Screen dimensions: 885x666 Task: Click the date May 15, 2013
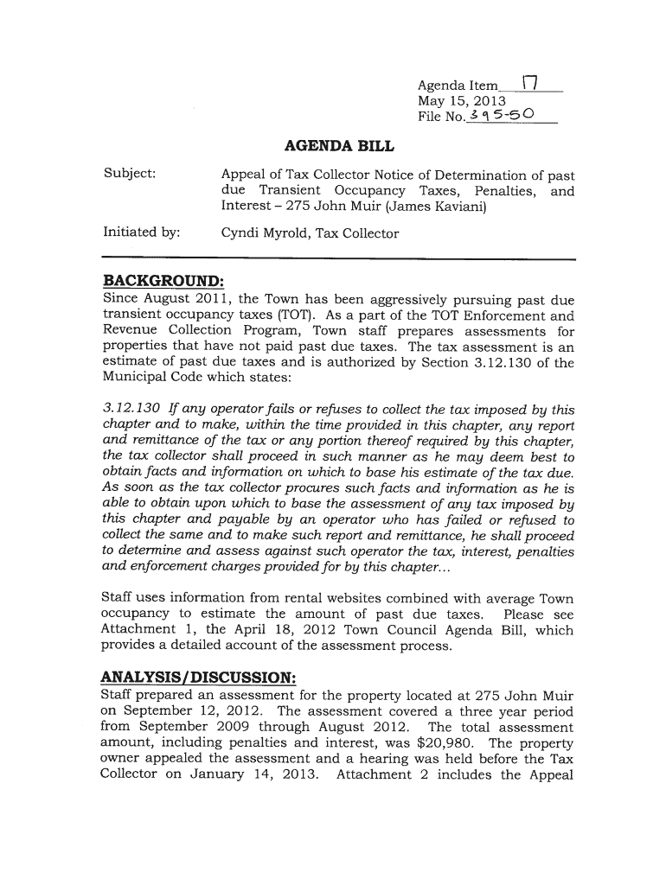point(462,101)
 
